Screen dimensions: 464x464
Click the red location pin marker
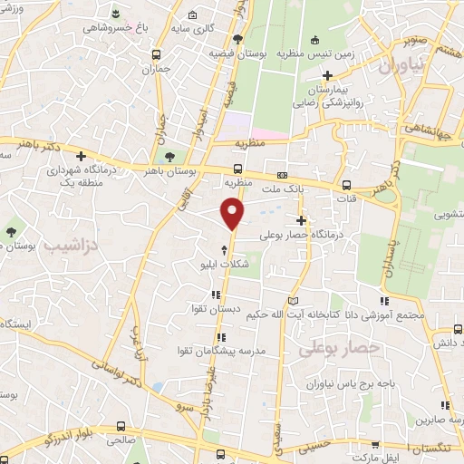[x=234, y=214]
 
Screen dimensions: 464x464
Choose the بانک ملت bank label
[x=279, y=188]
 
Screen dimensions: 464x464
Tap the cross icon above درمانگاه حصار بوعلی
[x=301, y=221]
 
